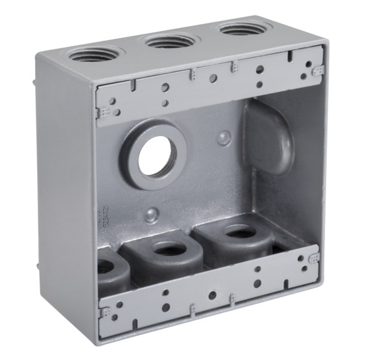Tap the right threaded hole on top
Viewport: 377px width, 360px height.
click(241, 29)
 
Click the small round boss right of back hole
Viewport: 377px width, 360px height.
click(224, 137)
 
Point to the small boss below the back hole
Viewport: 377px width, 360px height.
click(151, 214)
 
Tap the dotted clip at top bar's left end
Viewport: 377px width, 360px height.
click(102, 112)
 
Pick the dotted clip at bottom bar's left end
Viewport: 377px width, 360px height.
click(104, 312)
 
